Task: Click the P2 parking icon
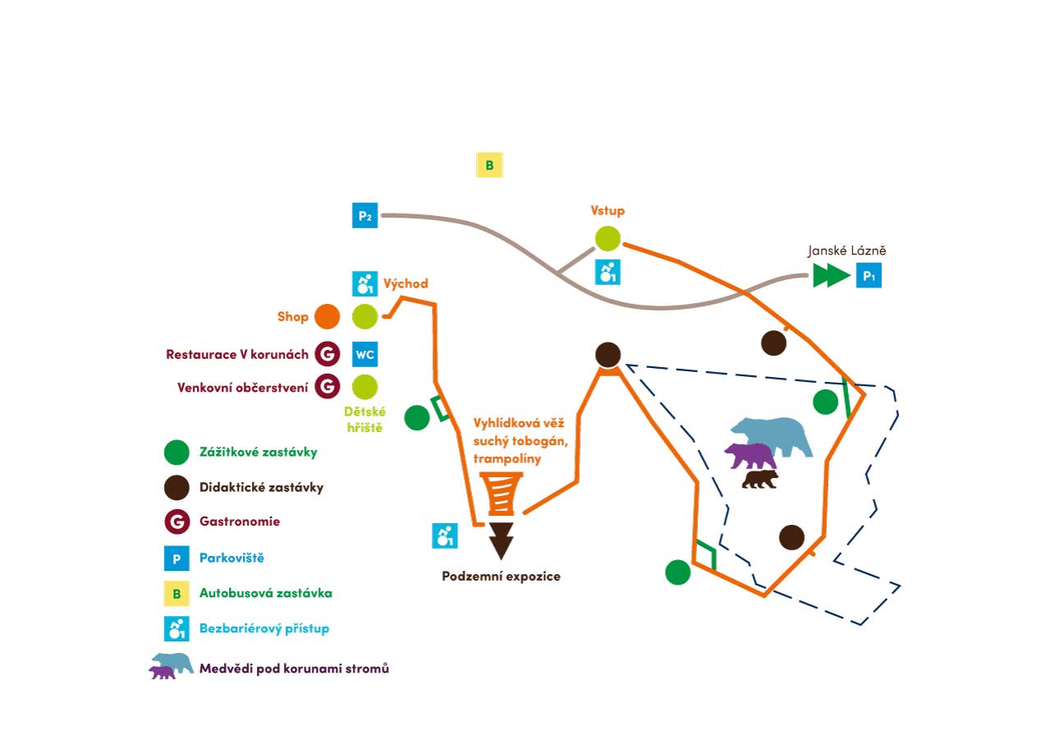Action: pos(365,215)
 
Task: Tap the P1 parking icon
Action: pos(869,276)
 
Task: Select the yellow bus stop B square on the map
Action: pos(489,165)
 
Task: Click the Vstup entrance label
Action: pos(608,210)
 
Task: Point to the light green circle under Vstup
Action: pos(608,238)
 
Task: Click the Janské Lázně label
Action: pos(846,251)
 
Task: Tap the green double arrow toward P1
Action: pos(832,276)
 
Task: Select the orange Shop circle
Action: pos(327,316)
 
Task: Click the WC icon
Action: pos(365,354)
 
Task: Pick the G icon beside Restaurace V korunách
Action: pos(327,354)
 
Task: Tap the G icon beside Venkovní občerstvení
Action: pos(327,386)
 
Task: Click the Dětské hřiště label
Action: pos(366,418)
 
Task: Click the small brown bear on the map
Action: pos(760,479)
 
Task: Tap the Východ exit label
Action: pos(406,284)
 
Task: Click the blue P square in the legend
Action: pos(177,559)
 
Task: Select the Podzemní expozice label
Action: pos(501,577)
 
